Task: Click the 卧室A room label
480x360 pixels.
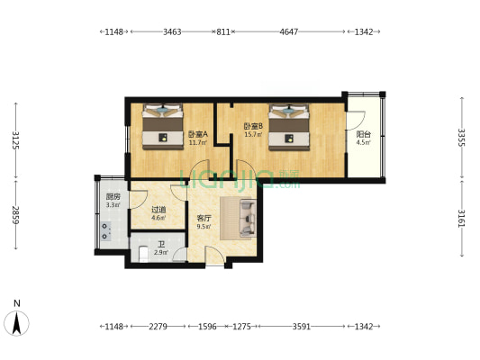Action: point(198,134)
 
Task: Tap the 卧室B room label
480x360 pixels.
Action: point(253,126)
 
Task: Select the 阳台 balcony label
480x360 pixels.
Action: point(364,134)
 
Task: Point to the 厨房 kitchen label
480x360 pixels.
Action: point(113,197)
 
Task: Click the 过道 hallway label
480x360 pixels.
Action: point(158,210)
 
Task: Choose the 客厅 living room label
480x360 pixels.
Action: point(204,219)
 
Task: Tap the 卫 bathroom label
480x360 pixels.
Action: point(161,245)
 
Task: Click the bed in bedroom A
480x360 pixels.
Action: point(163,127)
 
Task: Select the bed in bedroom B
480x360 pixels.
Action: point(289,127)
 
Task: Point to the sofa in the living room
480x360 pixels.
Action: point(248,218)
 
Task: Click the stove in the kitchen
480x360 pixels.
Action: point(105,231)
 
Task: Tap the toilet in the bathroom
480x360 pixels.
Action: point(143,254)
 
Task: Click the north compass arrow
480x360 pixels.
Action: point(16,323)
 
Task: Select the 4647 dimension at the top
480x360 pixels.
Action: point(289,31)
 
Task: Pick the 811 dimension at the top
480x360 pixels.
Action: point(223,31)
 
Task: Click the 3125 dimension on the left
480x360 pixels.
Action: point(16,140)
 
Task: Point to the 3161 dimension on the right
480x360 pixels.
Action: point(461,219)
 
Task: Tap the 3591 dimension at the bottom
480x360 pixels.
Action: point(302,327)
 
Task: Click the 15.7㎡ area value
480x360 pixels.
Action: point(253,134)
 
